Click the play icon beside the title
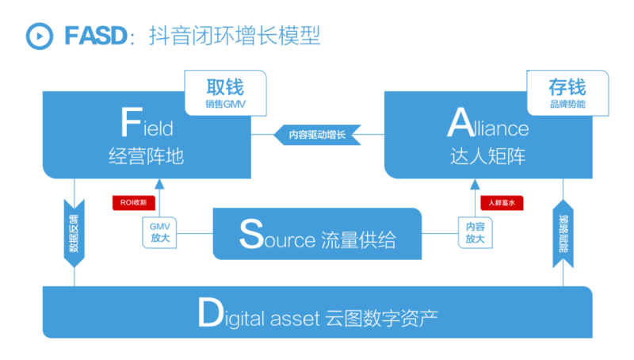36,36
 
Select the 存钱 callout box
567,93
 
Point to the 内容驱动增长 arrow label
317,135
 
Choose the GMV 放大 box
160,232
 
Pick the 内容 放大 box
475,232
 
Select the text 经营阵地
146,155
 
